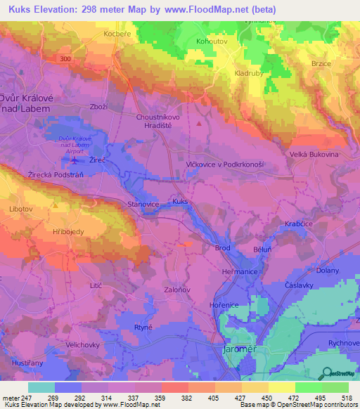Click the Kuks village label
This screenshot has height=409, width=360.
pos(181,201)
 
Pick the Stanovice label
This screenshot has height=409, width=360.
pos(143,204)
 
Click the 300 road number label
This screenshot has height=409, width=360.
pos(65,59)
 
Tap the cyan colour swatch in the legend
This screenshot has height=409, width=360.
pos(41,387)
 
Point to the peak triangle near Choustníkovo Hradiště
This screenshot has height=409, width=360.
pos(199,124)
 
